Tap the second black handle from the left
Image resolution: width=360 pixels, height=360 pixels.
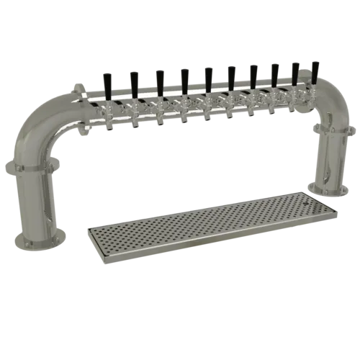[x=133, y=78]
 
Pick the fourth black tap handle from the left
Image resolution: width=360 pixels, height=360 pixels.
[x=184, y=76]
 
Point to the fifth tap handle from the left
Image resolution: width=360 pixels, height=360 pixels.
[x=207, y=75]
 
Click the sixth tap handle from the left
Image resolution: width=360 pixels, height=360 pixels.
[x=230, y=74]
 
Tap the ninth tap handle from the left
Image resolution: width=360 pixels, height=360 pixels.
[x=296, y=71]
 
